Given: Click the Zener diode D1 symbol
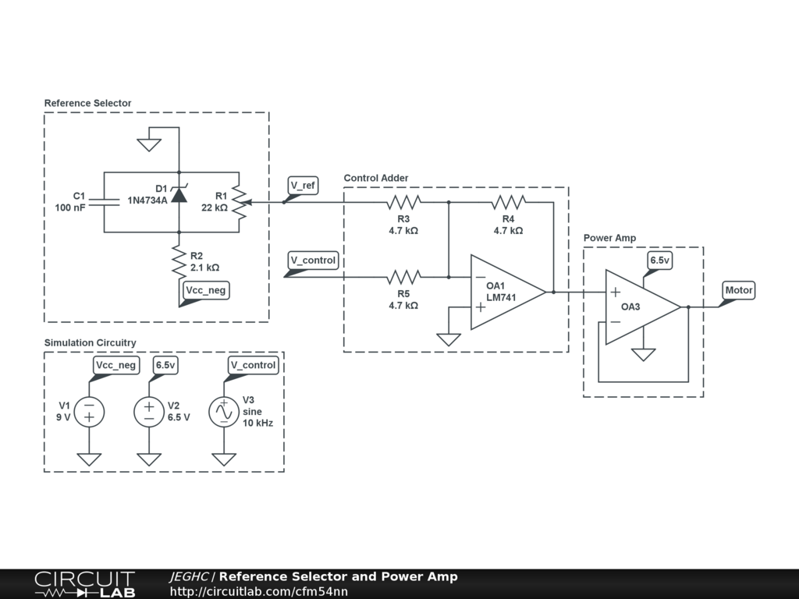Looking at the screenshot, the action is click(179, 194).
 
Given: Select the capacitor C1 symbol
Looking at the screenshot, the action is click(104, 202).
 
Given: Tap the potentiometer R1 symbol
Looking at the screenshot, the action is click(241, 202).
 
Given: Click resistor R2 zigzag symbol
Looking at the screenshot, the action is click(179, 262).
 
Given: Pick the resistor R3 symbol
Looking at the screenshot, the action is click(403, 202).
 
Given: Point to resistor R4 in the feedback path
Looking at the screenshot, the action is click(509, 202).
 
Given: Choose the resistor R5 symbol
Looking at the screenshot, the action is click(403, 277).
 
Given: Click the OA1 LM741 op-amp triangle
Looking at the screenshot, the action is click(507, 292).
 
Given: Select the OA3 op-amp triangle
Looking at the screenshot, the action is click(643, 307).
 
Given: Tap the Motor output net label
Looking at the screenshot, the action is click(739, 290).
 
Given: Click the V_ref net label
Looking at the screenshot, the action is click(304, 186).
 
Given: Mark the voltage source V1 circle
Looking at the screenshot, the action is click(89, 412).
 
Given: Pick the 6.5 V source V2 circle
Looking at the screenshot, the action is click(149, 412).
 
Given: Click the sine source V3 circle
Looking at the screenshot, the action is click(224, 412).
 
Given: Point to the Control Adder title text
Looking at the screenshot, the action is click(376, 178).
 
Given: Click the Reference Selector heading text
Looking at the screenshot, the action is click(87, 103).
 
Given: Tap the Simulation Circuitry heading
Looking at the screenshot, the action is click(91, 343).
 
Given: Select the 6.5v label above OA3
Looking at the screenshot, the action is click(660, 261).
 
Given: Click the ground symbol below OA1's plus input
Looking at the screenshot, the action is click(449, 339).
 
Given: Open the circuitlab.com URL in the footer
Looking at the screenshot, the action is click(259, 591).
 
